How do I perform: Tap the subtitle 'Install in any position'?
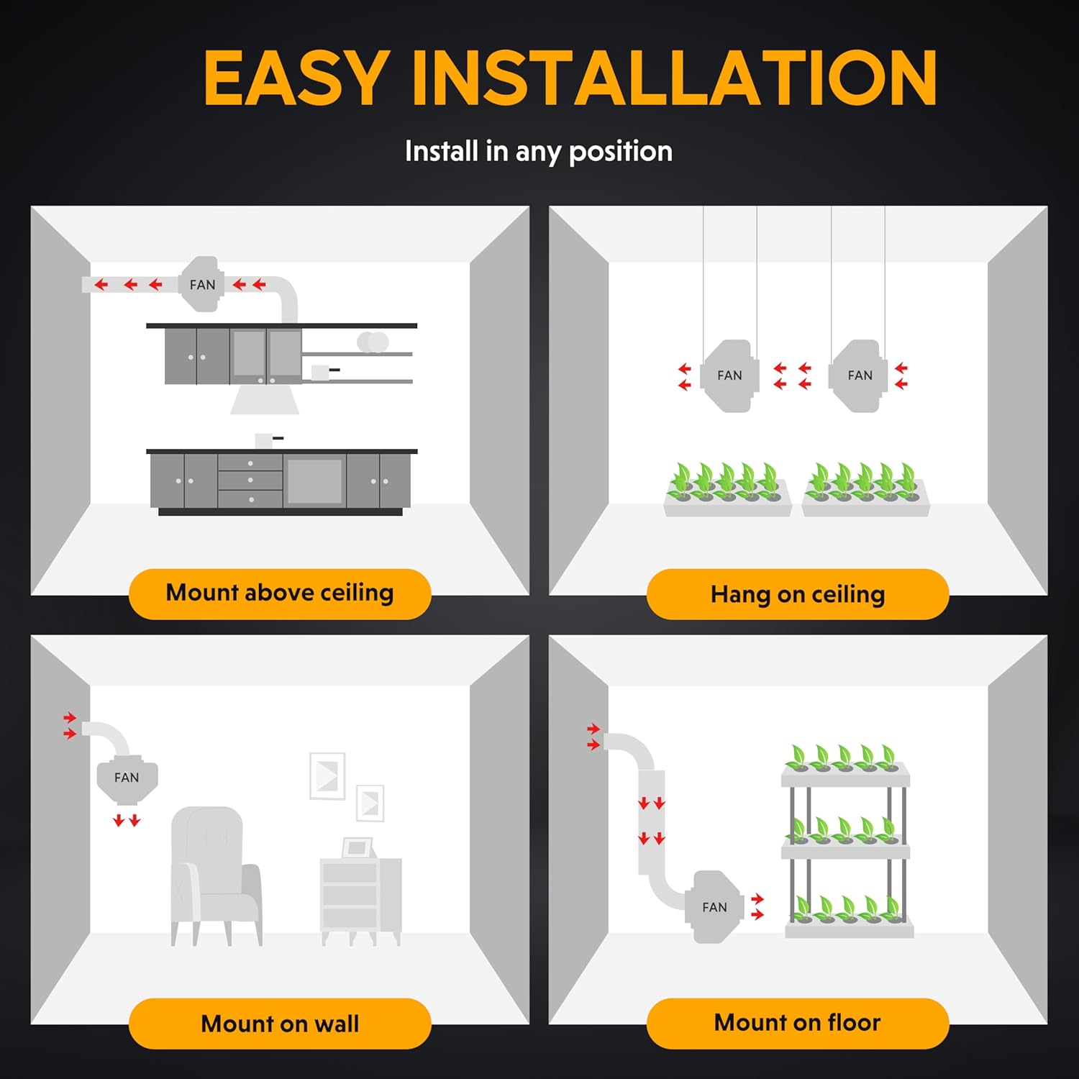tap(539, 152)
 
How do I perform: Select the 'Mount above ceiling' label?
tap(280, 593)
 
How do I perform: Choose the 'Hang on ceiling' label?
tap(798, 594)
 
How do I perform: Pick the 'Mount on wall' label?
tap(280, 1023)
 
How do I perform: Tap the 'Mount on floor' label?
tap(798, 1022)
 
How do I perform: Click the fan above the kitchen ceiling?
tap(202, 284)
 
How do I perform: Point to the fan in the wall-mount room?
tap(127, 779)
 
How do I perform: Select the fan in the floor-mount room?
tap(715, 907)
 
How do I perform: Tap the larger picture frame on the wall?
tap(327, 776)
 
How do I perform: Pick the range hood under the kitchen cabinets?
tap(265, 399)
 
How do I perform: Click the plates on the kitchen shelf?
tap(373, 342)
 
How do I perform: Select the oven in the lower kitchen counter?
tap(314, 481)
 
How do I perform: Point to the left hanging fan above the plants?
tap(729, 375)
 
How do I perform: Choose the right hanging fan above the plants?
tap(859, 375)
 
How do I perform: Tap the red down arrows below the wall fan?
tap(127, 820)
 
